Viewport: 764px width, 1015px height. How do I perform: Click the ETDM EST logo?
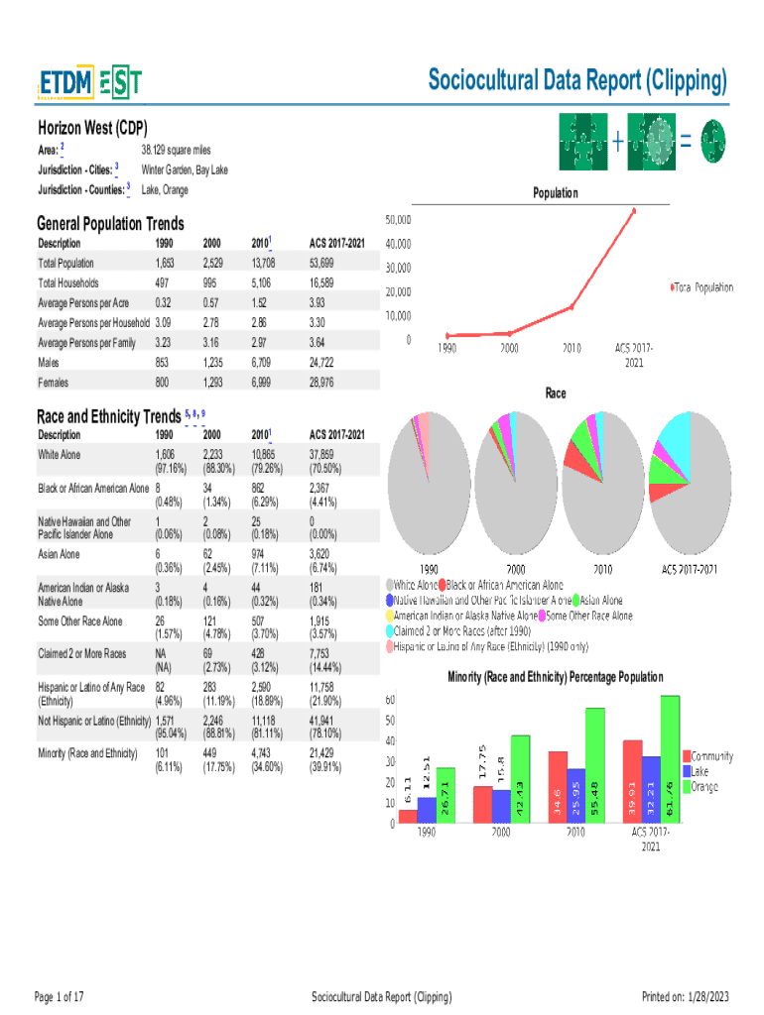pyautogui.click(x=88, y=84)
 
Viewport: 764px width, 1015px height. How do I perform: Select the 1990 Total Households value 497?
pyautogui.click(x=165, y=283)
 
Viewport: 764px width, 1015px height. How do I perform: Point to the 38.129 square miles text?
pyautogui.click(x=177, y=150)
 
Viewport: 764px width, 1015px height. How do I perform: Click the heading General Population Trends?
pyautogui.click(x=110, y=224)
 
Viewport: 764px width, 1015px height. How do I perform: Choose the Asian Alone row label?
pyautogui.click(x=59, y=554)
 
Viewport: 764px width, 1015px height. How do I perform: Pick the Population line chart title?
pyautogui.click(x=555, y=193)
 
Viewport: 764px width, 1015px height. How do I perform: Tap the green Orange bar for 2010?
pyautogui.click(x=595, y=765)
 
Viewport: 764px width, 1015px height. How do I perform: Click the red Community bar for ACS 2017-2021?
pyautogui.click(x=632, y=781)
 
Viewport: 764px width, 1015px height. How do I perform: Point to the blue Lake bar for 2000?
pyautogui.click(x=502, y=805)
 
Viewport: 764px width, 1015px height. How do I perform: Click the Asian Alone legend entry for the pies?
pyautogui.click(x=600, y=601)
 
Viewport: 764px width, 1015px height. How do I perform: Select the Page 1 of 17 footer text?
pyautogui.click(x=60, y=996)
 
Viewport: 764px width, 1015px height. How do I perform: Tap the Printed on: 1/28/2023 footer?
pyautogui.click(x=686, y=996)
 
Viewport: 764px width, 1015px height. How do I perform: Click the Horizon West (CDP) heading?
pyautogui.click(x=91, y=128)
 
